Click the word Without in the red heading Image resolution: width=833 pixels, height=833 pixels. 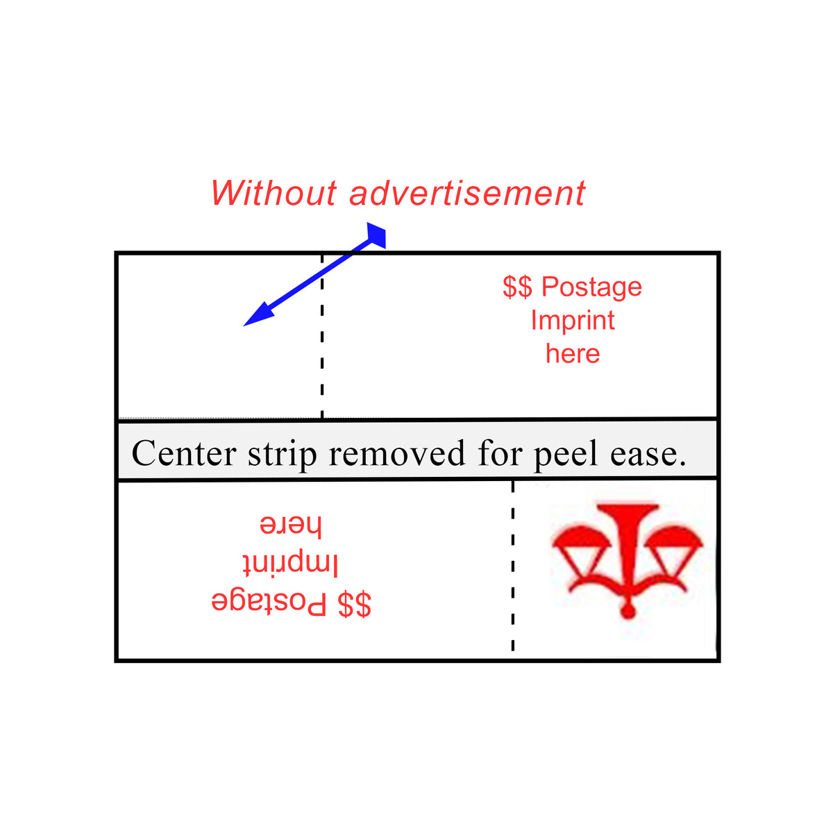[274, 193]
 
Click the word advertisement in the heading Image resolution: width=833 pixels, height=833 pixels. [467, 193]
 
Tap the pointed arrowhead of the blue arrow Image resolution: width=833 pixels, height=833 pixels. [253, 319]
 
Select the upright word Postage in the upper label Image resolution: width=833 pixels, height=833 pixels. [591, 287]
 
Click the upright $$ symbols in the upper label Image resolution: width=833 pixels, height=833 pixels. [517, 287]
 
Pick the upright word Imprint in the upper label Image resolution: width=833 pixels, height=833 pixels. [573, 320]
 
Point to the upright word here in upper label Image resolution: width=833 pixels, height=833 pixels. [573, 353]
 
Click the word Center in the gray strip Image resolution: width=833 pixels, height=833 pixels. [184, 453]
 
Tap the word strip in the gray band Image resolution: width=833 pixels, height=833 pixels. [283, 455]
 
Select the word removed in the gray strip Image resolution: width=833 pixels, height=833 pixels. [396, 453]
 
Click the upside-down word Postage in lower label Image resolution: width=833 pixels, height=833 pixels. [269, 603]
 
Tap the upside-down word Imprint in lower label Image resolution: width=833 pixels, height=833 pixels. [290, 564]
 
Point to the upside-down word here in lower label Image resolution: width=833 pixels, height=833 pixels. [290, 525]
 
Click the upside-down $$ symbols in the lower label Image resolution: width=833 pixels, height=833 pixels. [355, 604]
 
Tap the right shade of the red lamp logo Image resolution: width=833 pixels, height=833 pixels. [677, 539]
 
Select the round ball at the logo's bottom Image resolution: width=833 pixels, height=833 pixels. [628, 611]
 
